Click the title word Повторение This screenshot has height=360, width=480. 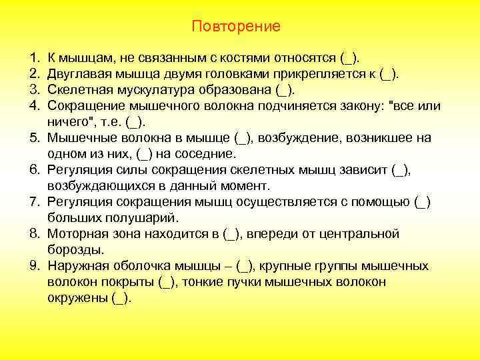coord(236,27)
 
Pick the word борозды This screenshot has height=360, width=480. coord(74,250)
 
